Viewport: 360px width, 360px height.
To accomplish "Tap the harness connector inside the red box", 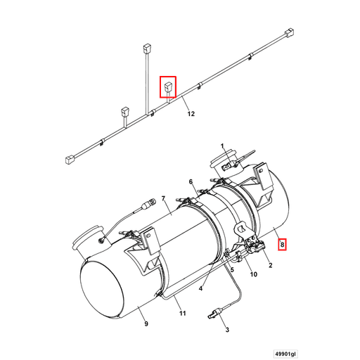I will (169, 87).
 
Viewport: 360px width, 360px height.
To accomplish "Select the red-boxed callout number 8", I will (282, 245).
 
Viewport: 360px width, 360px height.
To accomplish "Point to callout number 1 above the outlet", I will (222, 146).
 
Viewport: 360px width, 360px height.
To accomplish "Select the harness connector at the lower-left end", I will (70, 160).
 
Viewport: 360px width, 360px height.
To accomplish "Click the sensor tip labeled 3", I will (214, 313).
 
